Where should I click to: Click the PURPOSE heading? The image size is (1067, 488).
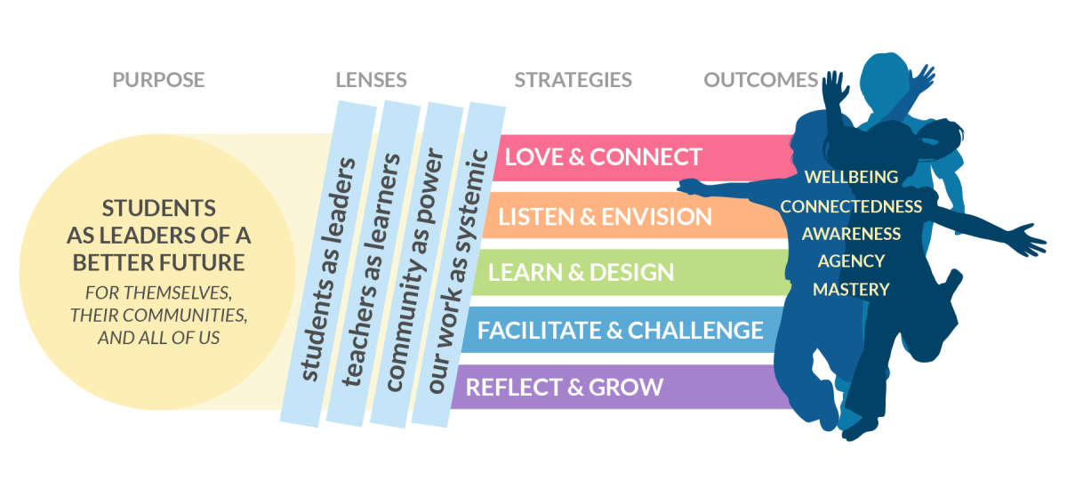click(x=158, y=80)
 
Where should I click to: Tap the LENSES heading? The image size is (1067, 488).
click(x=371, y=80)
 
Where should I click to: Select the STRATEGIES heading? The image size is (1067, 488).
click(x=573, y=80)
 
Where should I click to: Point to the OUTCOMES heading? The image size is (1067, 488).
click(x=761, y=80)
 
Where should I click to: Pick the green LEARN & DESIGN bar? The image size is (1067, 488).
click(x=629, y=272)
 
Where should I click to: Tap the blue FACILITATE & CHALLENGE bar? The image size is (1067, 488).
click(x=619, y=330)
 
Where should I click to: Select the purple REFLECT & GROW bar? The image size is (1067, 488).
click(x=619, y=387)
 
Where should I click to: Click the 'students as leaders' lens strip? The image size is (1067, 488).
click(x=329, y=264)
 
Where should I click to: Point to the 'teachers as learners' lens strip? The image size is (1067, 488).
click(x=373, y=264)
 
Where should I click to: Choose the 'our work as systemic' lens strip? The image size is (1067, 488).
click(x=458, y=265)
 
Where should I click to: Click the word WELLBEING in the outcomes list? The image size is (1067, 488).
click(x=851, y=177)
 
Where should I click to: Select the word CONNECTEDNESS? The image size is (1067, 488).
click(x=851, y=206)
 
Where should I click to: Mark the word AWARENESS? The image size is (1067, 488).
click(x=851, y=234)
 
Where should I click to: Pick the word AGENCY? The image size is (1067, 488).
click(x=851, y=261)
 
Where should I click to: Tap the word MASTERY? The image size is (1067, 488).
click(x=851, y=290)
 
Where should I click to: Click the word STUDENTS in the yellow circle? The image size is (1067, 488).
click(x=158, y=209)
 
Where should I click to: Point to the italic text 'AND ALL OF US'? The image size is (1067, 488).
click(x=158, y=338)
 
